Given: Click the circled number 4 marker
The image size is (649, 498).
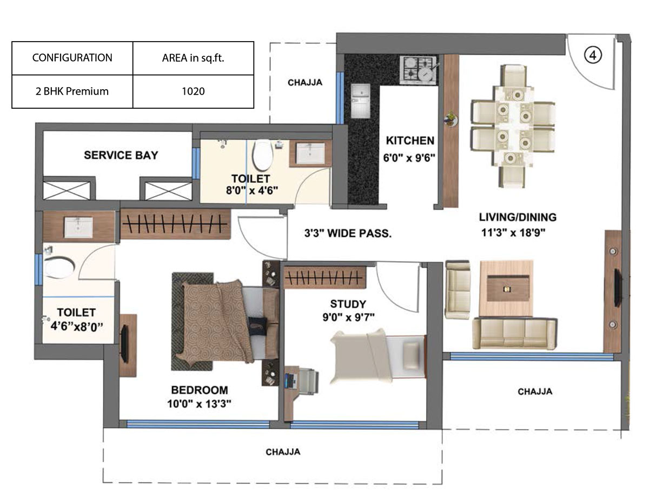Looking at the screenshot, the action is [593, 56].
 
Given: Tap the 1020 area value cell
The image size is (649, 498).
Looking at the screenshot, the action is [193, 91].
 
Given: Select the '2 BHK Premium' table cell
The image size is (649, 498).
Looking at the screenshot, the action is [72, 91].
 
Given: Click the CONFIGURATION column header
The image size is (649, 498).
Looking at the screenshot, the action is [72, 58].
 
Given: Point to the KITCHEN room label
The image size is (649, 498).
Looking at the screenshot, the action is [410, 141].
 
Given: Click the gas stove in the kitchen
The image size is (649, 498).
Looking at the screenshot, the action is [419, 69].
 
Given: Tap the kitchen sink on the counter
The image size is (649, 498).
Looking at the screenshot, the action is [361, 101].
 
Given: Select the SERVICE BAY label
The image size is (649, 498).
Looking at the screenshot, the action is [121, 155].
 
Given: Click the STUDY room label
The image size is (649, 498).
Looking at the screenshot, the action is [348, 304].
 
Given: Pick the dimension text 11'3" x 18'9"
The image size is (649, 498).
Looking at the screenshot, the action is [513, 233].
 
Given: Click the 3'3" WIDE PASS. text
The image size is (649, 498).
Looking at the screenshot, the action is [348, 233].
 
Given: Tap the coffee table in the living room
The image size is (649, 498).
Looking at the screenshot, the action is [506, 289].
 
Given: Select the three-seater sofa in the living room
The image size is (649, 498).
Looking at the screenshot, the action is [515, 334].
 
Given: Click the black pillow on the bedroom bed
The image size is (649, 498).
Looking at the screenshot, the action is [257, 327].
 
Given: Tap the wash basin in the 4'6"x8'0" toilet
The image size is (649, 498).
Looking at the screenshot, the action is [78, 227].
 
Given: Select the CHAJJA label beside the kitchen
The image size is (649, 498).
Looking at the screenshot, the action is [305, 83].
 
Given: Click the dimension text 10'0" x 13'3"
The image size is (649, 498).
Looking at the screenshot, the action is [199, 404].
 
